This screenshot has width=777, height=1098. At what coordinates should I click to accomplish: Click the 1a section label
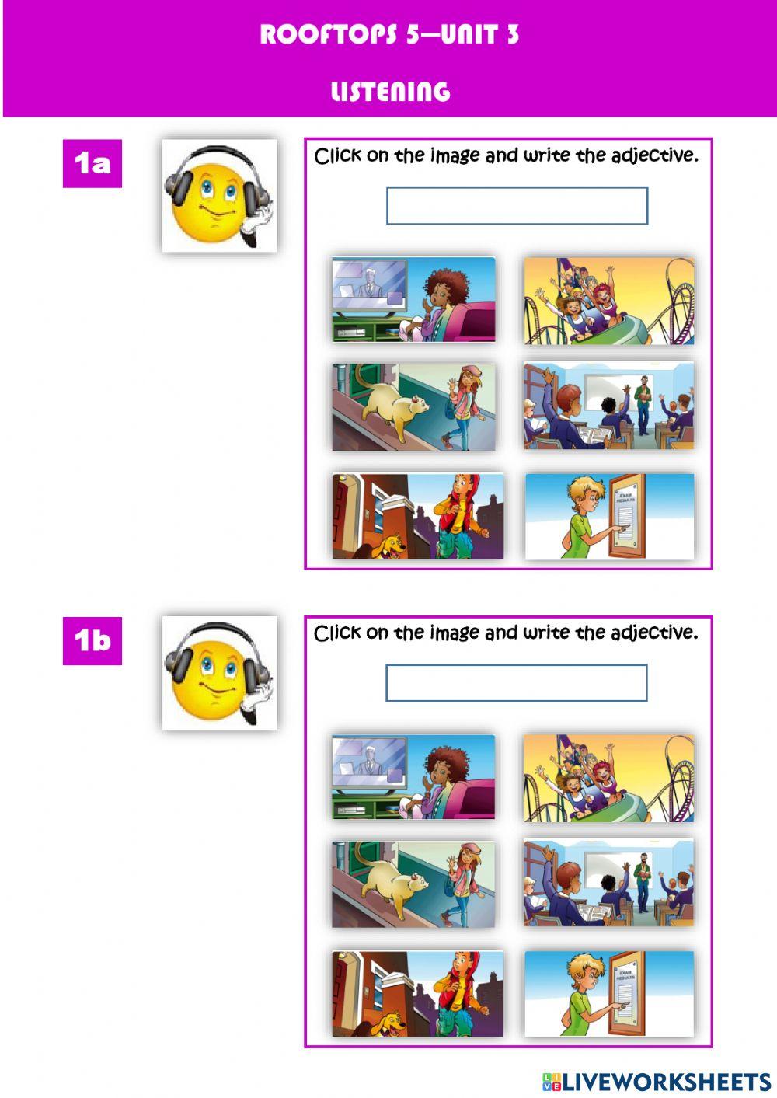pyautogui.click(x=92, y=163)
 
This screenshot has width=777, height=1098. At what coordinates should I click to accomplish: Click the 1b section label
pyautogui.click(x=92, y=640)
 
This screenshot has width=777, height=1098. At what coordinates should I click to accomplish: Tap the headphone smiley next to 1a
pyautogui.click(x=219, y=196)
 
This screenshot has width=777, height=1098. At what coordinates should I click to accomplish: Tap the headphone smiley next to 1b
pyautogui.click(x=219, y=673)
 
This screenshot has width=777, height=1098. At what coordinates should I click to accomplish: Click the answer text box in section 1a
pyautogui.click(x=517, y=206)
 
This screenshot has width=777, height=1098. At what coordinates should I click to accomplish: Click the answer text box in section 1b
pyautogui.click(x=517, y=683)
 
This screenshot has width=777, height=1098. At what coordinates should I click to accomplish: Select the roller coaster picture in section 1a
pyautogui.click(x=609, y=302)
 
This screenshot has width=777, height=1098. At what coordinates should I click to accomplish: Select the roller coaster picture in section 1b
pyautogui.click(x=609, y=779)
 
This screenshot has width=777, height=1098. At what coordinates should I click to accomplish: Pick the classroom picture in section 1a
pyautogui.click(x=609, y=406)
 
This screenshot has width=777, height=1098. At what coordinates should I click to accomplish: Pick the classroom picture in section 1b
pyautogui.click(x=609, y=884)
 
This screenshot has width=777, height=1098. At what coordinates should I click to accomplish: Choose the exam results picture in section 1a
pyautogui.click(x=609, y=517)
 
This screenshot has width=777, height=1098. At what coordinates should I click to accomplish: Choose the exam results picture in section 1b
pyautogui.click(x=609, y=994)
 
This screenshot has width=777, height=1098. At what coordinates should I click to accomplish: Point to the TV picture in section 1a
pyautogui.click(x=413, y=300)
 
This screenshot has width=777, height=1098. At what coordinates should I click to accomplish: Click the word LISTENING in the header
pyautogui.click(x=390, y=92)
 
